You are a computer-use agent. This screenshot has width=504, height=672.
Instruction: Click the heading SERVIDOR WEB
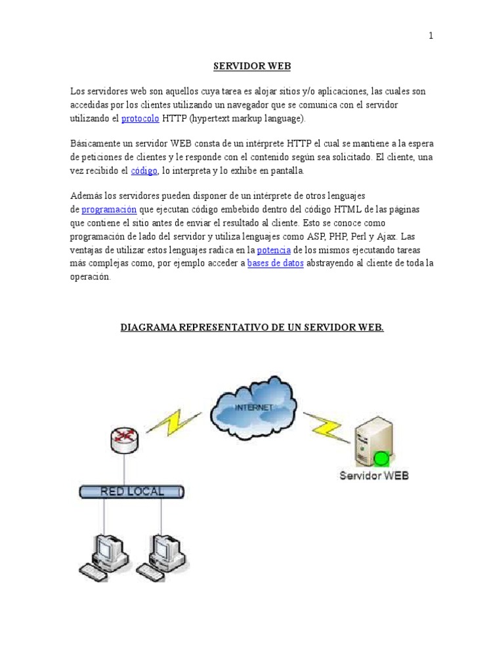point(252,66)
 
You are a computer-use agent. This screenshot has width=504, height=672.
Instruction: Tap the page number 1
point(431,36)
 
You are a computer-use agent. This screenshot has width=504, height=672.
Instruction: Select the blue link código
point(144,171)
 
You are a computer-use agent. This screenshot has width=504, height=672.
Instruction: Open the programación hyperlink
point(109,209)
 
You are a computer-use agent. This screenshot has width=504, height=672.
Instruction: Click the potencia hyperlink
point(274,250)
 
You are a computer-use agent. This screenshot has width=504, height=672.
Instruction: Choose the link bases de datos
point(275,263)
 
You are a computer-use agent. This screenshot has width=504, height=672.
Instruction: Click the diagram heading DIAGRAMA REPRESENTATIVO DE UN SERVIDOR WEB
point(252,327)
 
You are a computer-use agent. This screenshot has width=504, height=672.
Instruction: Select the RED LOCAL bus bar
point(132,491)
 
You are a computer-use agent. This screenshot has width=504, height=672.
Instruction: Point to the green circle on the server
point(380,457)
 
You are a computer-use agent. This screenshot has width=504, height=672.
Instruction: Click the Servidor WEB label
point(373,475)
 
